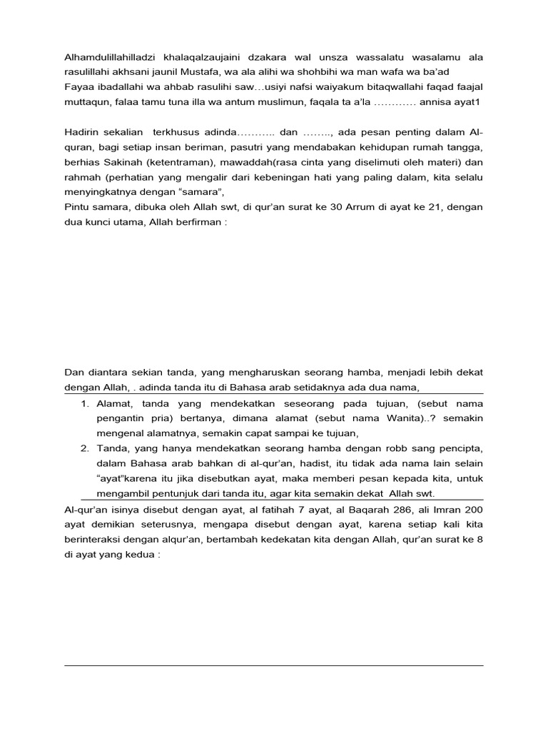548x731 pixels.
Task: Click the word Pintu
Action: click(x=76, y=208)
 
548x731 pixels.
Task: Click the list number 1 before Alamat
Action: click(x=83, y=405)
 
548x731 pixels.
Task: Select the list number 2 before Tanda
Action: click(x=83, y=448)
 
